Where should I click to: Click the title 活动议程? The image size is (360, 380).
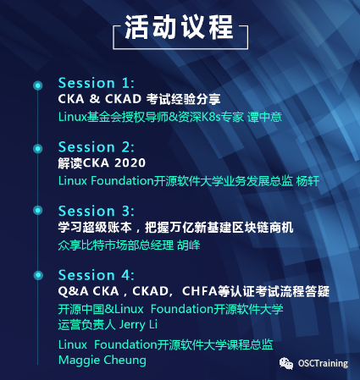tap(179, 28)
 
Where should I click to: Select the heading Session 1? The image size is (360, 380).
tap(96, 83)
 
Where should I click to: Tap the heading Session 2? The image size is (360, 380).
tap(96, 146)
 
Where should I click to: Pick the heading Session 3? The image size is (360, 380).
tap(96, 211)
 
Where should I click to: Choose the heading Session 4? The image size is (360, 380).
tap(96, 274)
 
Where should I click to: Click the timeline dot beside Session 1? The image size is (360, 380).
tap(37, 85)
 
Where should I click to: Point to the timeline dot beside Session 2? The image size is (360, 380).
tap(37, 148)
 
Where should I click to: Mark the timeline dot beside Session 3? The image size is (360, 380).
tap(37, 212)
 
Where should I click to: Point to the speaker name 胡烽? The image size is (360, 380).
tap(188, 245)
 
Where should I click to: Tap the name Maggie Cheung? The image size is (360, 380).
tap(102, 360)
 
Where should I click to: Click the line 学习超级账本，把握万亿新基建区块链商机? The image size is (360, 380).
tap(174, 228)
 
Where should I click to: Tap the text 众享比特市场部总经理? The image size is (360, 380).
tap(115, 245)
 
